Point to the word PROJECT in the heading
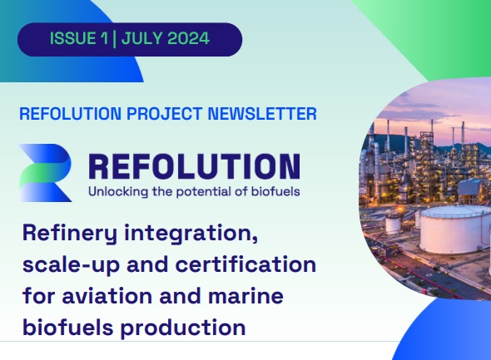point(165,114)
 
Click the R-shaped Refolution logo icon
point(46,173)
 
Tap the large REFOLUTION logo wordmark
point(195,166)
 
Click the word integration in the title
point(191,234)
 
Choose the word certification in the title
point(245,264)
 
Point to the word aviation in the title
point(107,296)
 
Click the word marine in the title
point(245,296)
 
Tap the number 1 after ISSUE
point(104,38)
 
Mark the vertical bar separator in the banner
point(114,39)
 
